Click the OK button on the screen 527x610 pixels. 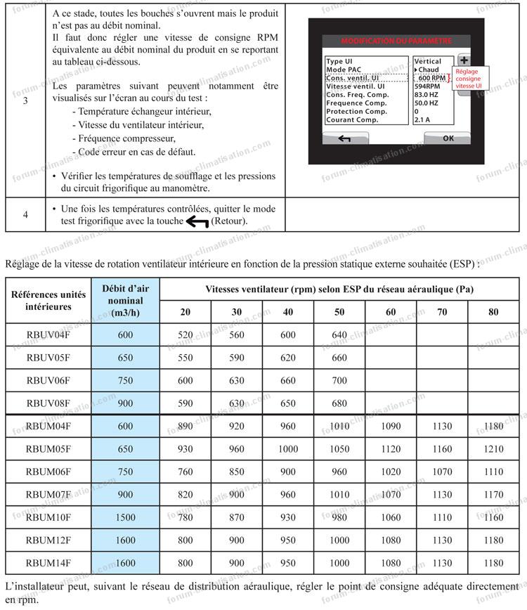[448, 138]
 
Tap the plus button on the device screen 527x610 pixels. [463, 61]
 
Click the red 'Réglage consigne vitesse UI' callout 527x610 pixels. [469, 78]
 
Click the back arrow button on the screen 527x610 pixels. [344, 138]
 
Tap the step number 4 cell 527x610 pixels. [25, 214]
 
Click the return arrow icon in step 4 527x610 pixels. [193, 222]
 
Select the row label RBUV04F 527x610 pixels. [48, 335]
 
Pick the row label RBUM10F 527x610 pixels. [48, 518]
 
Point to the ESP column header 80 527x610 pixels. [493, 312]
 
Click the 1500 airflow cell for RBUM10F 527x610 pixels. [125, 518]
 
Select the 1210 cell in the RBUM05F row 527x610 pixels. [493, 449]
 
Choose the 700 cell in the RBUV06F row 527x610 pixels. [339, 381]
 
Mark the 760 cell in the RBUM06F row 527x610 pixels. [185, 472]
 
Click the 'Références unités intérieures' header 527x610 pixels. [48, 300]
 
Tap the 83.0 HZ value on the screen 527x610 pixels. [427, 94]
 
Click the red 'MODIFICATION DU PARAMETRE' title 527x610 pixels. [396, 40]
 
